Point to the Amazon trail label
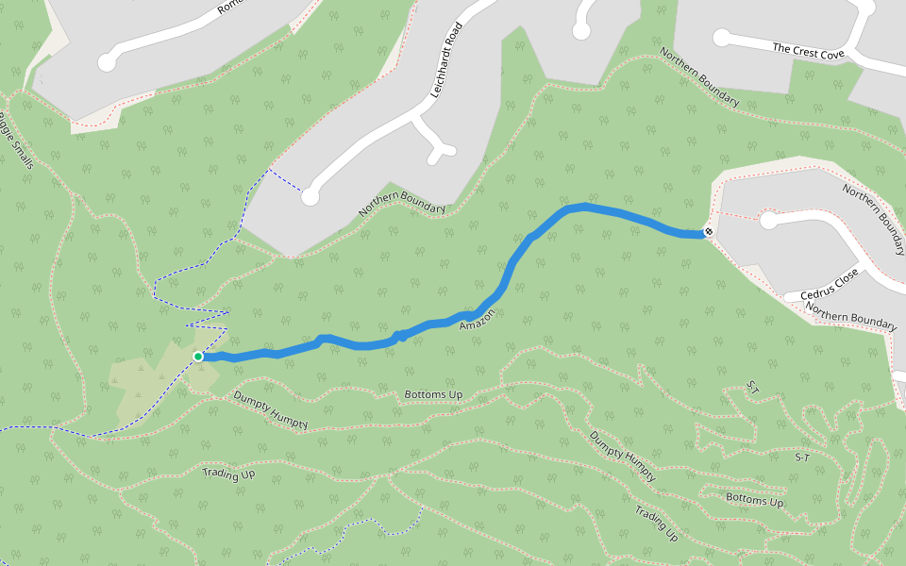(x=477, y=319)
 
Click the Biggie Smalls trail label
(x=16, y=141)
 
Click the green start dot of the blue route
(x=198, y=357)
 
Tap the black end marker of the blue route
(x=708, y=232)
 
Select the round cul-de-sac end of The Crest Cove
(x=722, y=38)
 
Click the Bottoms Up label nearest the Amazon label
(x=433, y=394)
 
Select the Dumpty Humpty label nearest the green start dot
(x=271, y=409)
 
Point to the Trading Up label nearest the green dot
(x=228, y=474)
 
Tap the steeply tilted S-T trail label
(x=753, y=387)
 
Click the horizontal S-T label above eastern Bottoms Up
(x=803, y=457)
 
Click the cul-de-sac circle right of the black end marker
(x=769, y=221)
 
